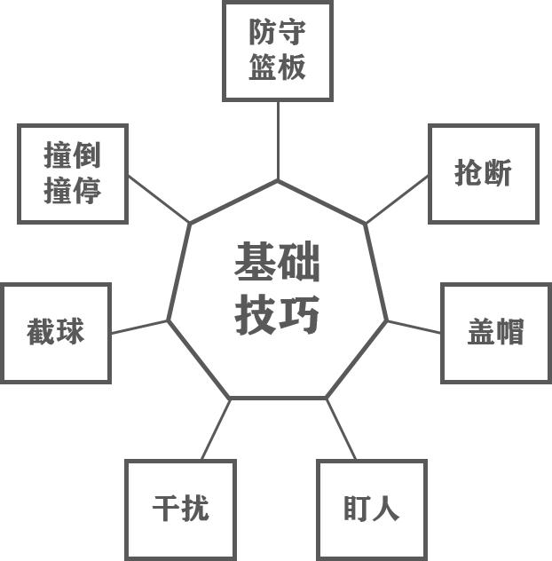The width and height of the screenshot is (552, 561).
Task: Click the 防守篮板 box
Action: [x=278, y=51]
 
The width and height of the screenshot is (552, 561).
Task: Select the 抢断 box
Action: [x=483, y=173]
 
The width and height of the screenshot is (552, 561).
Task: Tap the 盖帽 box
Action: [x=495, y=333]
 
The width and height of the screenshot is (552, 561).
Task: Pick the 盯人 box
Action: [x=372, y=510]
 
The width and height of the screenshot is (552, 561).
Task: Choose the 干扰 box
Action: [x=180, y=510]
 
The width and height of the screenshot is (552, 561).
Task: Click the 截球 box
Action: [x=56, y=333]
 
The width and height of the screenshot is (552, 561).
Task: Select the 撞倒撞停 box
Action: [x=73, y=173]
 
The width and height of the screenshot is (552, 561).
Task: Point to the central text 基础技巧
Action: [x=278, y=288]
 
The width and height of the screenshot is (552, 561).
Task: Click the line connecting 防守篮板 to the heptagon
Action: [x=278, y=140]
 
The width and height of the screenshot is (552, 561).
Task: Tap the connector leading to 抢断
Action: [x=398, y=199]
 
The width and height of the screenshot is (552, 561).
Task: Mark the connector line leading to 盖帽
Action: [x=414, y=327]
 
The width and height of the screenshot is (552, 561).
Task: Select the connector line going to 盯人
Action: [x=341, y=429]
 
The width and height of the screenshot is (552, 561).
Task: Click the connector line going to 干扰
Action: [x=216, y=429]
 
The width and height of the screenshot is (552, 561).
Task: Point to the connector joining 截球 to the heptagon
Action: [x=139, y=327]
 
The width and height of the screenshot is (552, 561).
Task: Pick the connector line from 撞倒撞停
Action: [x=159, y=199]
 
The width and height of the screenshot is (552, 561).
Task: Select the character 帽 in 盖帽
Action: [x=510, y=333]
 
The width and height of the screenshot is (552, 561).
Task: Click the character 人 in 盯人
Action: [x=387, y=510]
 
